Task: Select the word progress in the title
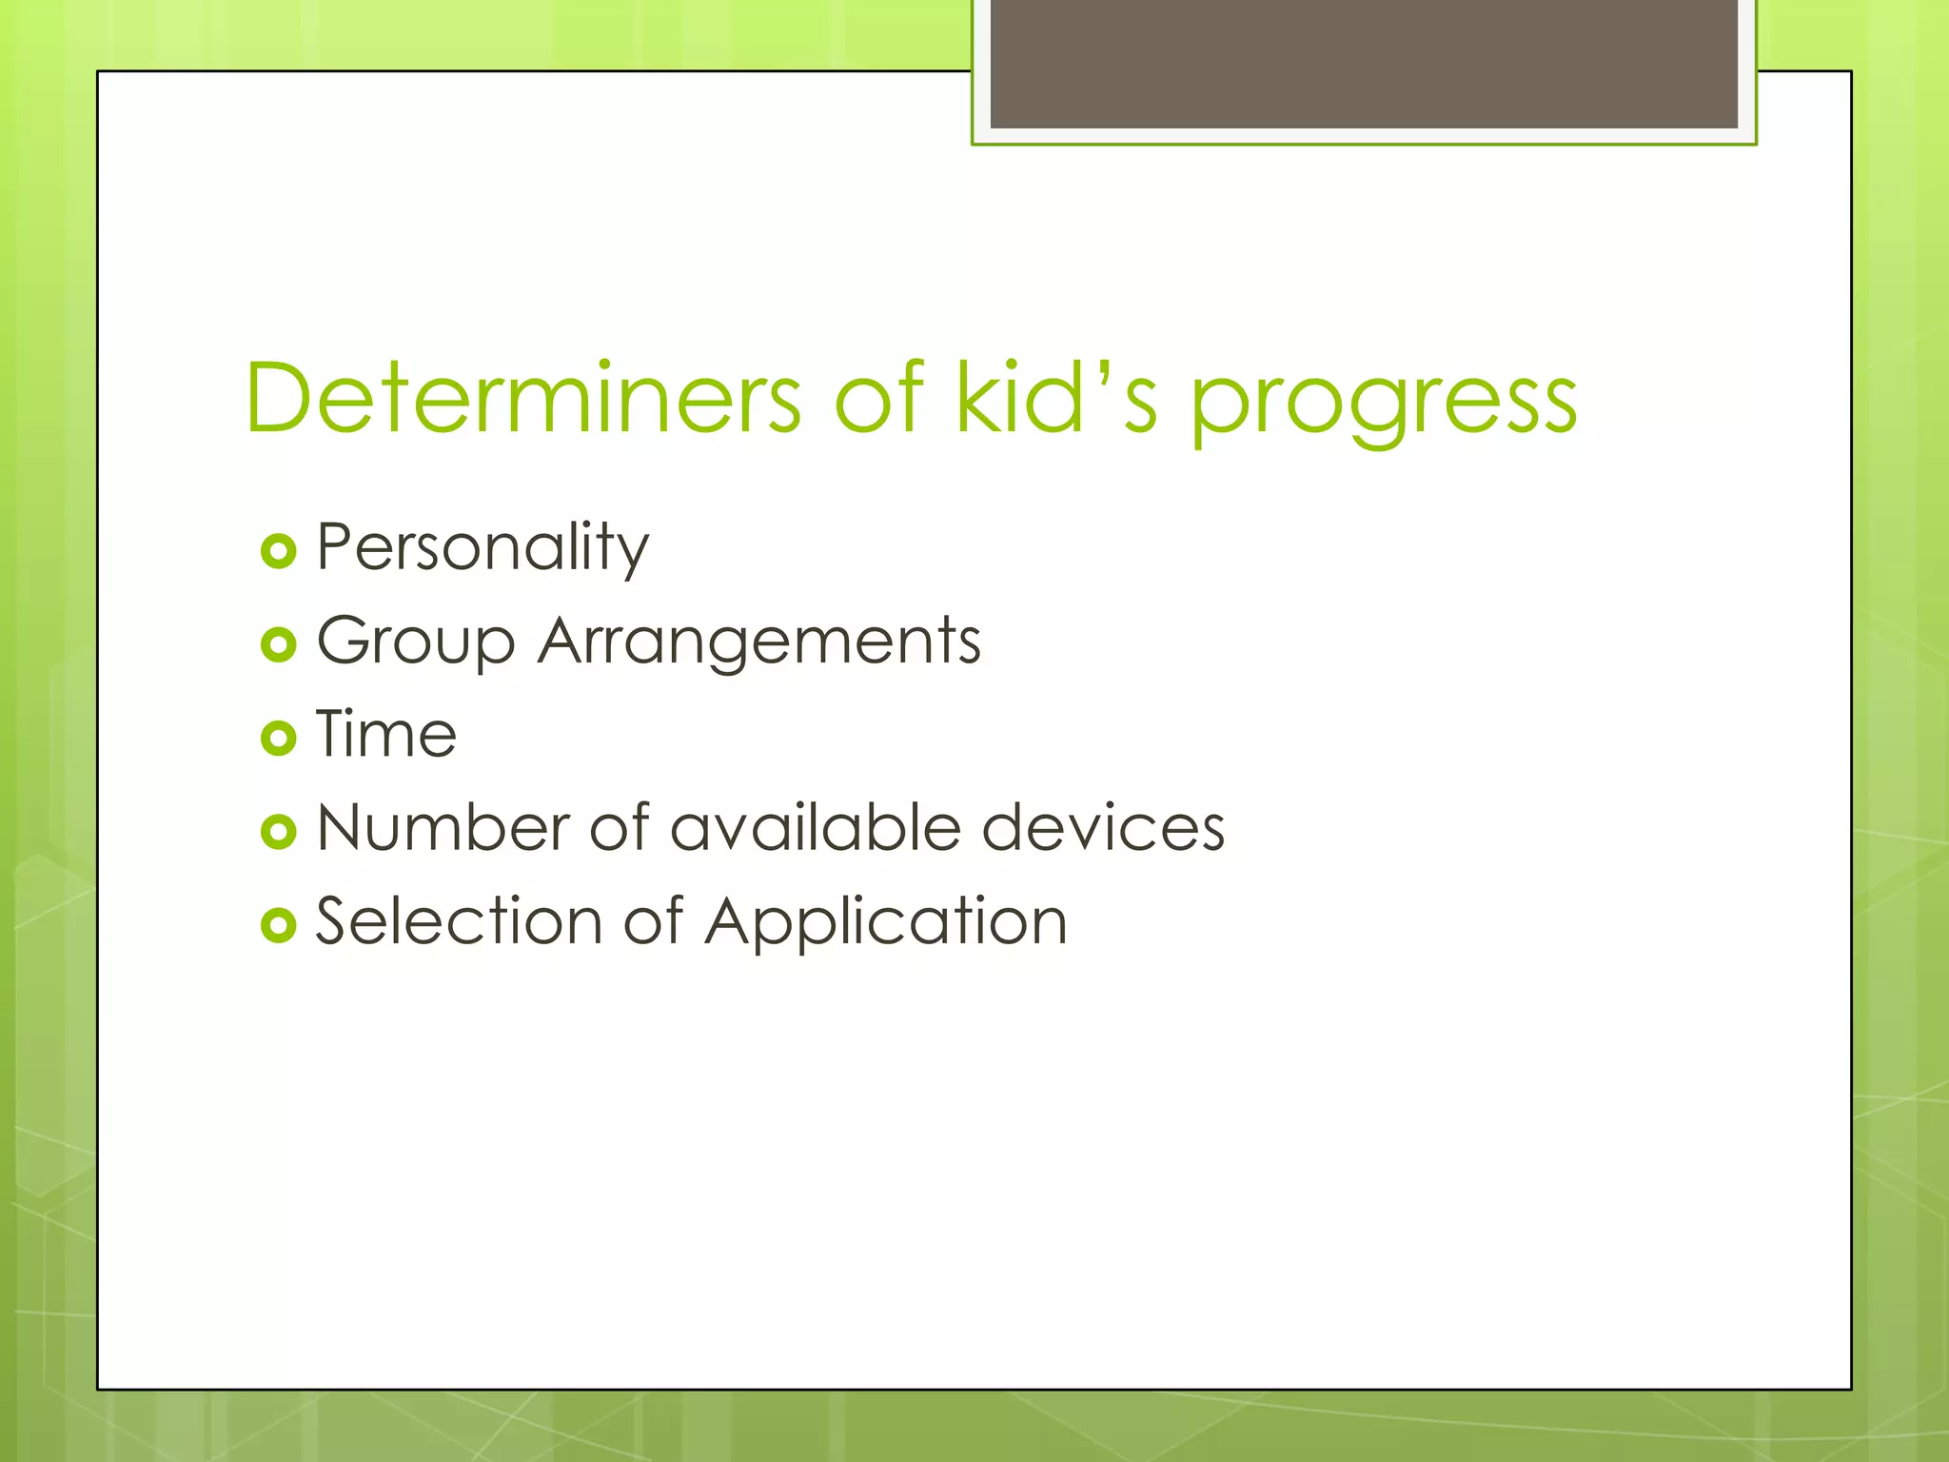(x=1384, y=405)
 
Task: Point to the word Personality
(x=482, y=548)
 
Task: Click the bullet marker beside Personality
(x=278, y=551)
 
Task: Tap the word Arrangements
(x=759, y=642)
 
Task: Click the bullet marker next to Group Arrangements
(x=278, y=644)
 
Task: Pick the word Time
(x=386, y=734)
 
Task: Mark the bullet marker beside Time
(x=278, y=738)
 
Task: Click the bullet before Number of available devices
(x=278, y=831)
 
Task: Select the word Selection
(x=460, y=920)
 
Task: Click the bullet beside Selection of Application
(x=278, y=924)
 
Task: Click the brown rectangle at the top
(x=1364, y=63)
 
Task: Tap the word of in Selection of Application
(x=653, y=920)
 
